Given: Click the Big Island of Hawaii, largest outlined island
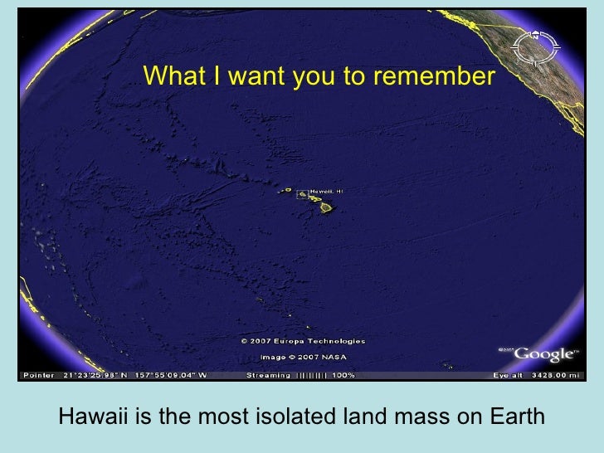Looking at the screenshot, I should pos(328,207).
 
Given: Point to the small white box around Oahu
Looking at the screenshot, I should pos(301,194).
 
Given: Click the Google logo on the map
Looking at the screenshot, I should pos(544,354).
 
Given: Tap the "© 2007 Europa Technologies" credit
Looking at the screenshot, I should pos(303,341).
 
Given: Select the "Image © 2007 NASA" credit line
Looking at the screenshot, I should pos(303,358).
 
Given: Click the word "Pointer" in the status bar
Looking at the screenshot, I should pos(38,376).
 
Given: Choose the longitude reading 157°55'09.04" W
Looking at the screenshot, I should pos(170,376).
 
